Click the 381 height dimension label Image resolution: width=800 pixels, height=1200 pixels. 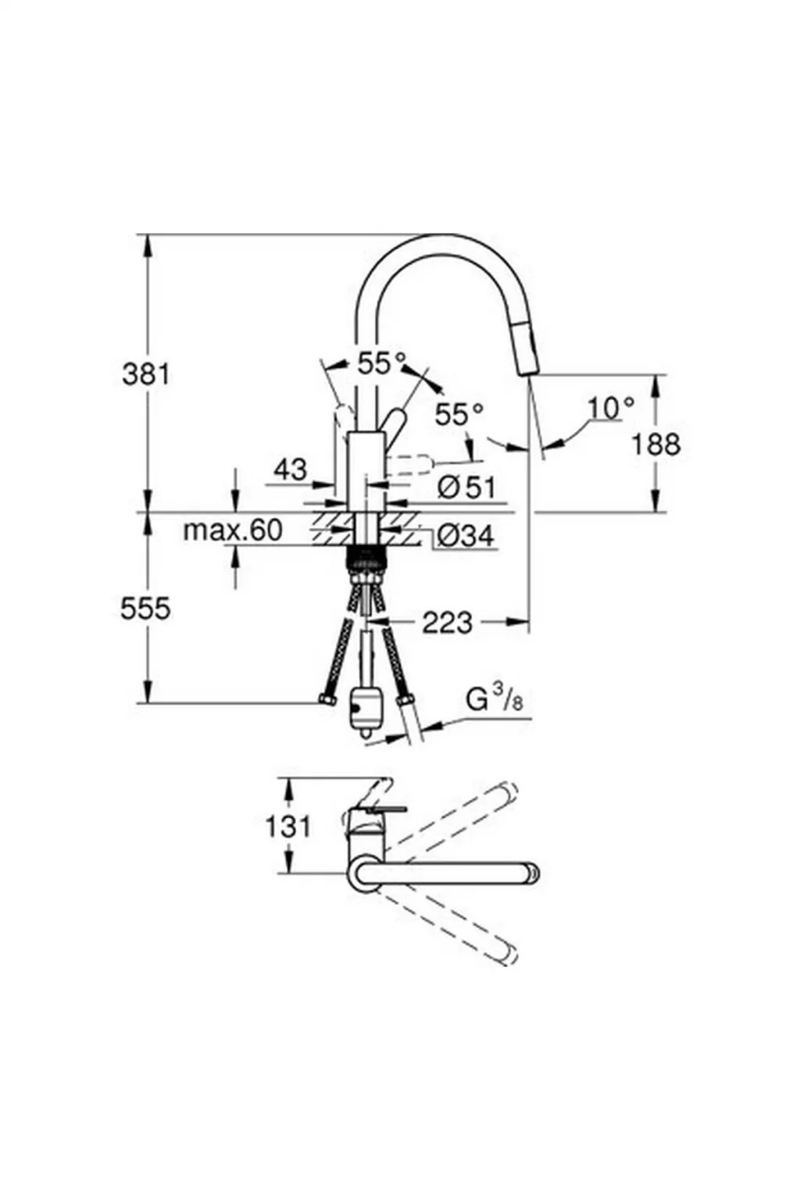(x=145, y=374)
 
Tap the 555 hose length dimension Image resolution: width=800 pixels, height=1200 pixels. (x=145, y=608)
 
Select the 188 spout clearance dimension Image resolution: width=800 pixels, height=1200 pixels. (x=655, y=444)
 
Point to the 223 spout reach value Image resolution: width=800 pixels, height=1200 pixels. (x=447, y=623)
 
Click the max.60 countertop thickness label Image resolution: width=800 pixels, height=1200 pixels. (x=232, y=530)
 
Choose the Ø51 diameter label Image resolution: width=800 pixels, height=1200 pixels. (x=466, y=488)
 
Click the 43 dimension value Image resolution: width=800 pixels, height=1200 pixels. (x=290, y=470)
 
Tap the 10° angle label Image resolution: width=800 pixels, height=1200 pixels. (x=611, y=407)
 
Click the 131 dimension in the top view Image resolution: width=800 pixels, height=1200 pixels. (x=287, y=826)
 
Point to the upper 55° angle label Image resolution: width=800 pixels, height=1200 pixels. (x=382, y=362)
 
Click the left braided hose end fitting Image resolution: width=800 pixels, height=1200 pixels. (x=328, y=699)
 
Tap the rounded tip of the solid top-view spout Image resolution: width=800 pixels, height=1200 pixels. (x=533, y=873)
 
